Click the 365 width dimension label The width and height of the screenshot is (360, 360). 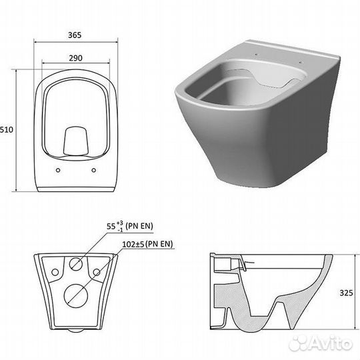click(75, 35)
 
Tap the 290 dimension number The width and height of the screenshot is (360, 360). click(75, 58)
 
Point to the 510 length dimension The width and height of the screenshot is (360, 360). click(7, 130)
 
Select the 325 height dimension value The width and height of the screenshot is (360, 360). click(346, 293)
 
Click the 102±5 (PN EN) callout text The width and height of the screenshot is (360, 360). click(147, 244)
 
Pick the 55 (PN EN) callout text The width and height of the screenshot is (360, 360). click(130, 226)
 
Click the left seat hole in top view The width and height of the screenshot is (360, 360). click(58, 170)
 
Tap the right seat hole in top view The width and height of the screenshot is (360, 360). click(94, 170)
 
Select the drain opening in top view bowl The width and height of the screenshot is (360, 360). click(75, 140)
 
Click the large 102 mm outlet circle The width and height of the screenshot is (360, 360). click(76, 296)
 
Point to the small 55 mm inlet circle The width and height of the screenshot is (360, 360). click(76, 263)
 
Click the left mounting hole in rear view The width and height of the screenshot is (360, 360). click(55, 272)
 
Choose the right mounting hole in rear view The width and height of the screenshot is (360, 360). click(97, 272)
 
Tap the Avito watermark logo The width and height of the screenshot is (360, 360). click(321, 344)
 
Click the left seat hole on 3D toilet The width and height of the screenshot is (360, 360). click(255, 55)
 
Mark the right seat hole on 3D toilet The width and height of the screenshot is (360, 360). click(301, 62)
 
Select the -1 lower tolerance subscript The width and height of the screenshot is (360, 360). click(119, 229)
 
